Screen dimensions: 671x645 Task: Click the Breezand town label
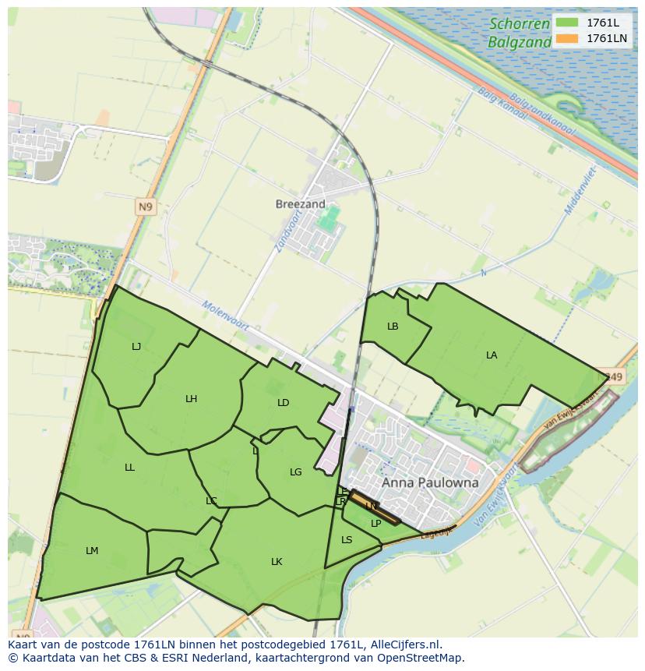(x=300, y=204)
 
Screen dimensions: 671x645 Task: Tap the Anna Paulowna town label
(x=430, y=482)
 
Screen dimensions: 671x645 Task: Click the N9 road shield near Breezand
(x=145, y=207)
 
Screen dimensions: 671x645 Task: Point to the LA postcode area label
(x=492, y=355)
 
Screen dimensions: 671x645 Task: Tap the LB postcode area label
(x=393, y=327)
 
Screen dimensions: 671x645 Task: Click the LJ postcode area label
(x=136, y=347)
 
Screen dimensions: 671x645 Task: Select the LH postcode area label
(x=191, y=399)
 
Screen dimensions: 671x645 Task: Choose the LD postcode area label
(x=283, y=403)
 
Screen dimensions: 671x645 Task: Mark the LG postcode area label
(x=295, y=472)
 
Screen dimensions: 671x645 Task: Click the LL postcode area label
(x=129, y=468)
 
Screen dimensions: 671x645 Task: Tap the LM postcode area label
(x=92, y=551)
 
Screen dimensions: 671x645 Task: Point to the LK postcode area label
(x=277, y=562)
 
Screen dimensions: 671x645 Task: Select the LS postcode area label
(x=347, y=540)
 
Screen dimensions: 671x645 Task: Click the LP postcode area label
(x=375, y=524)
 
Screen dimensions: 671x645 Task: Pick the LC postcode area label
(x=211, y=501)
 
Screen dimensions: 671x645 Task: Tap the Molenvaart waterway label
(x=224, y=316)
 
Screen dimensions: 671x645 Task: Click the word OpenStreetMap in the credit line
(x=421, y=658)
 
